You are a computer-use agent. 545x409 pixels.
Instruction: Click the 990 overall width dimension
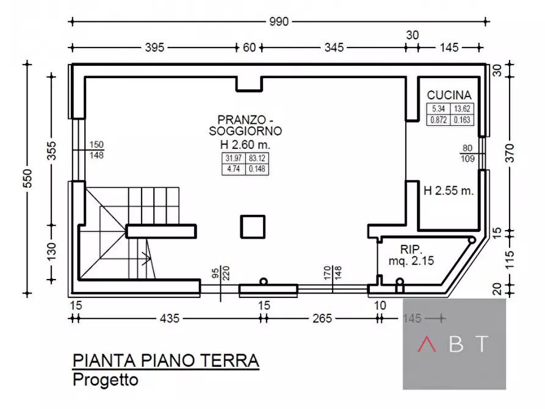coord(278,22)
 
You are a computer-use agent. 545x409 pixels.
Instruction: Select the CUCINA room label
coord(449,95)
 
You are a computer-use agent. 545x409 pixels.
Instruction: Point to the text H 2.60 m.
coord(245,145)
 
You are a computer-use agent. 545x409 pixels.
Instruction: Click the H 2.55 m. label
coord(449,190)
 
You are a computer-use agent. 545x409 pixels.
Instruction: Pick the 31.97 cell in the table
coord(233,158)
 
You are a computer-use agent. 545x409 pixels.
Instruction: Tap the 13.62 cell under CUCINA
coord(462,109)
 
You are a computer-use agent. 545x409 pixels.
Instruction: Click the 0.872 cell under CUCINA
coord(438,120)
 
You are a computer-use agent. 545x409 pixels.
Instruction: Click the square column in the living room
coord(253,227)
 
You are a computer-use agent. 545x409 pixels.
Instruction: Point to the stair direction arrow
coord(146,258)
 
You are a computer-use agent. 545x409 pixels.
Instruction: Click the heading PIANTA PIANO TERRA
coord(165,361)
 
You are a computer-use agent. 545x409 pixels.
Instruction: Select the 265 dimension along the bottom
coord(322,318)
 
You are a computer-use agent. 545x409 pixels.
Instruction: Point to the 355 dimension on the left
coord(52,153)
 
